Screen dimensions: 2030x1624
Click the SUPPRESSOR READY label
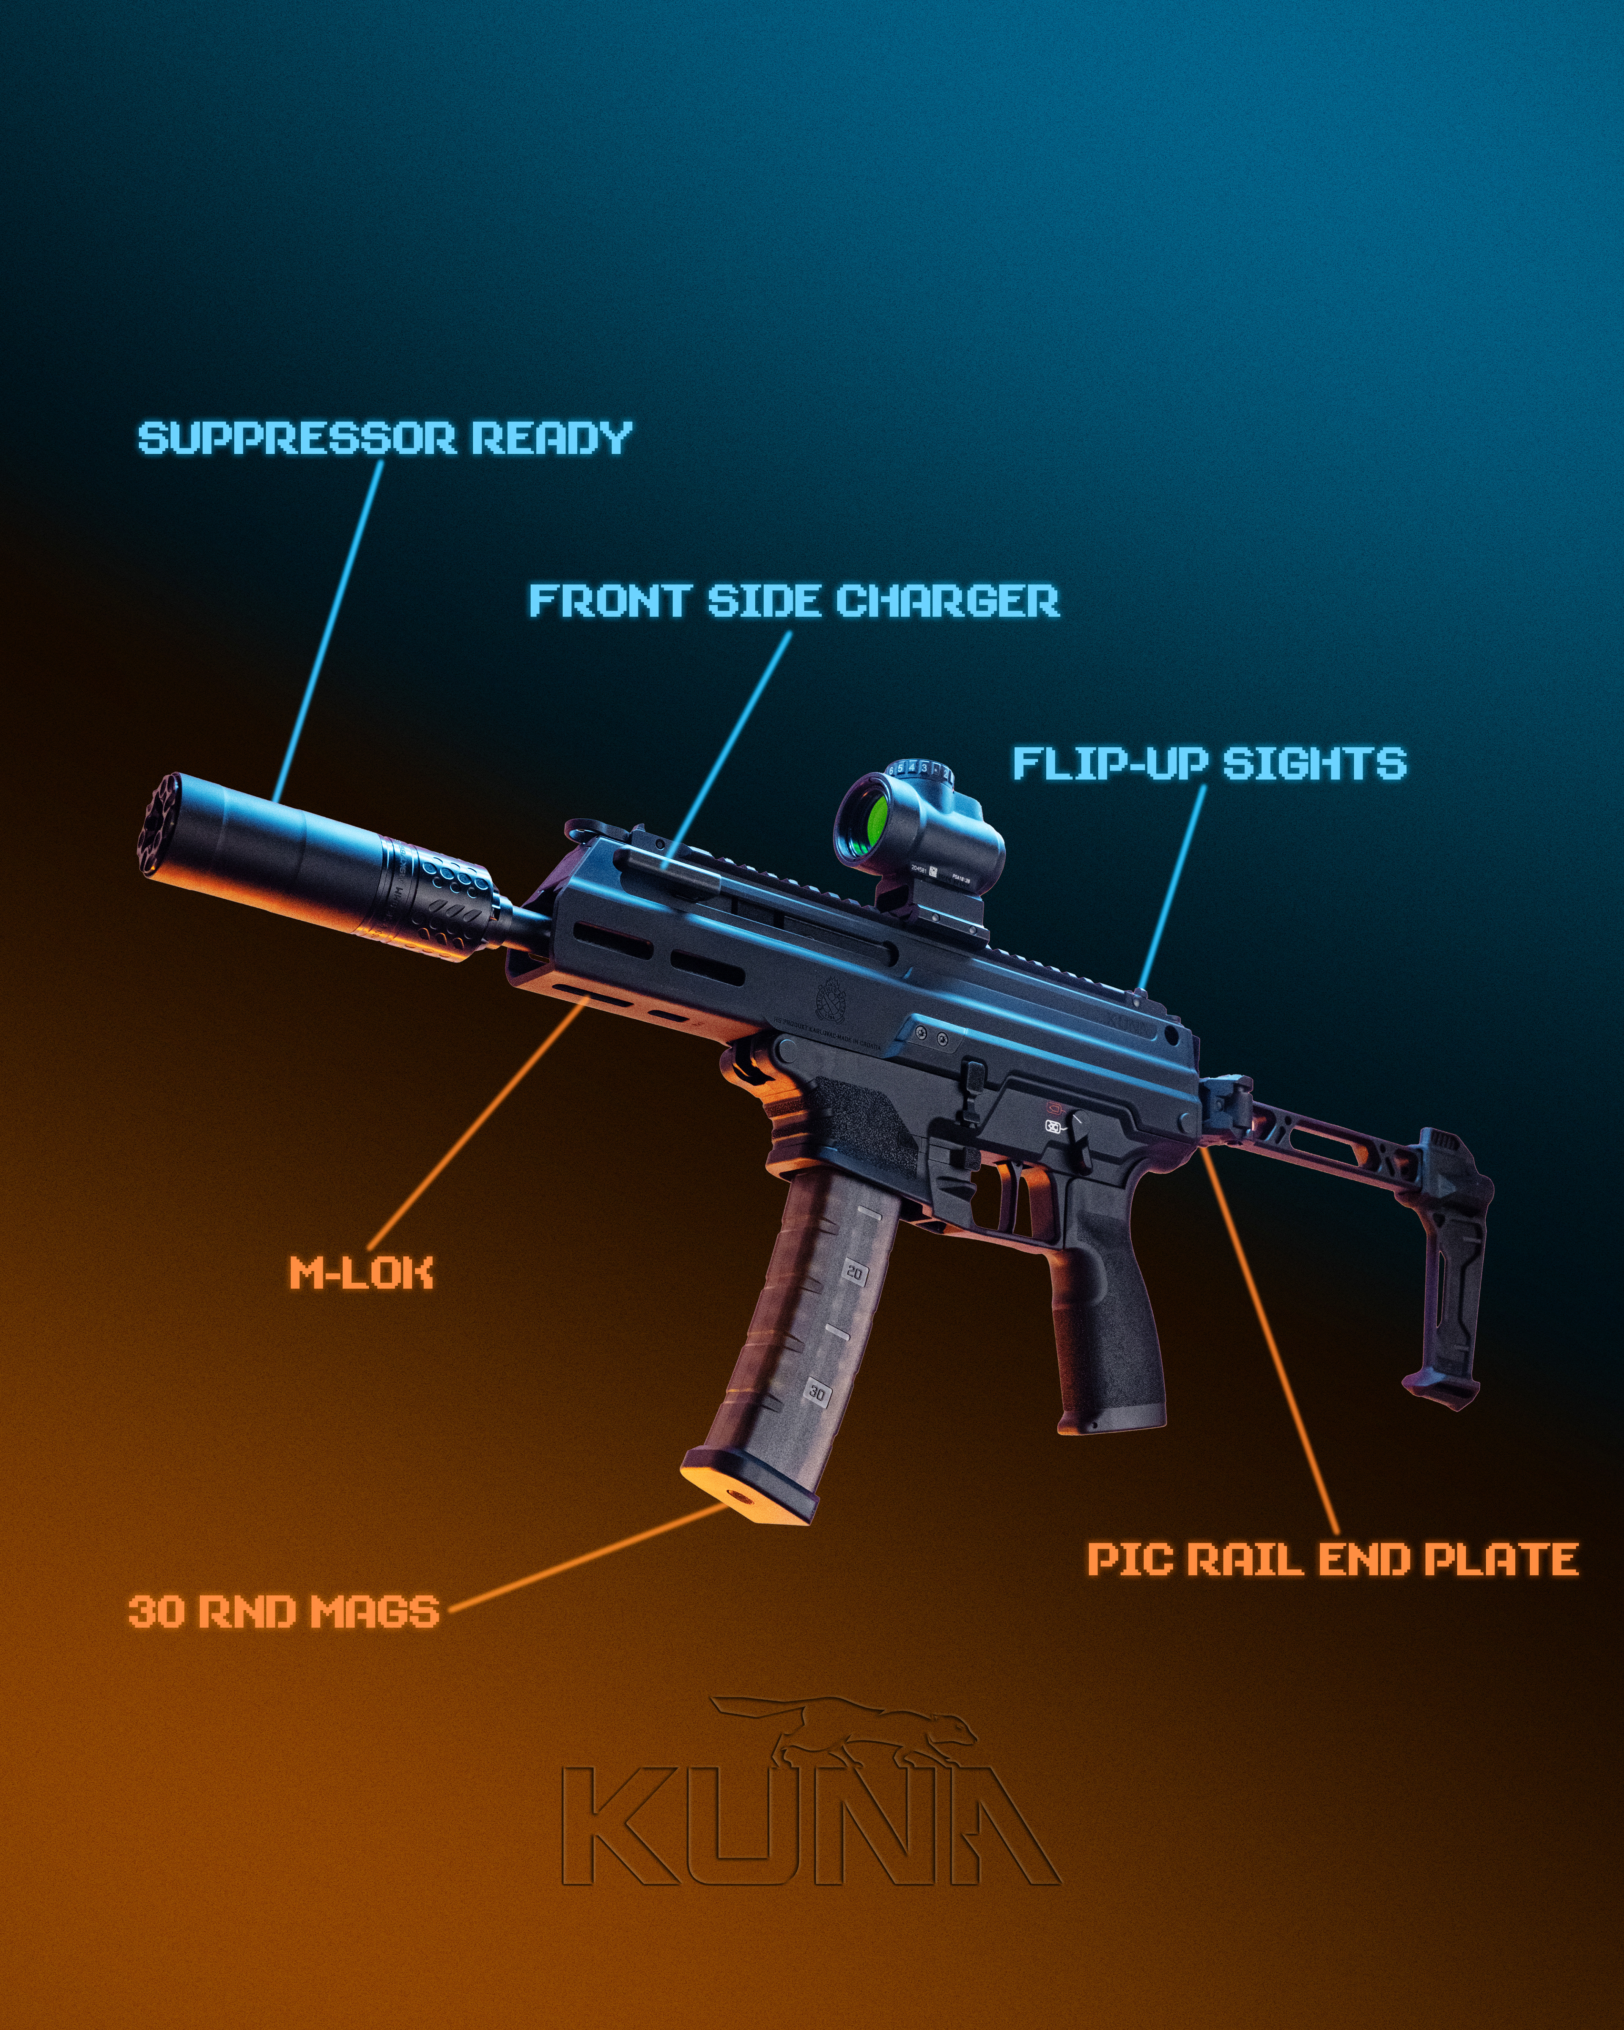tap(384, 439)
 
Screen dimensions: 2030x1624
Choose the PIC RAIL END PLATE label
tap(1332, 1558)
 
